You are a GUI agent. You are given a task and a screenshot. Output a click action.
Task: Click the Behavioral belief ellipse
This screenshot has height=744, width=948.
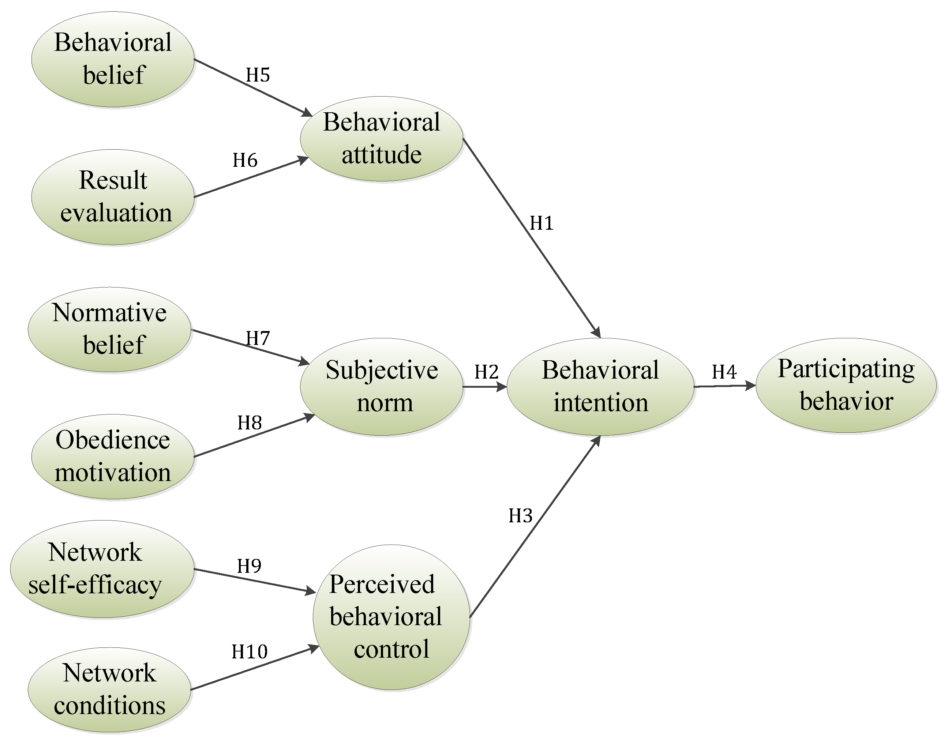click(112, 59)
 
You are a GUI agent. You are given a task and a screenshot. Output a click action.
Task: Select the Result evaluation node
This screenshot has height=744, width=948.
click(112, 197)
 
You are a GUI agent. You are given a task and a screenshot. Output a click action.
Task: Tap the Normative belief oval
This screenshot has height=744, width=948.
click(109, 329)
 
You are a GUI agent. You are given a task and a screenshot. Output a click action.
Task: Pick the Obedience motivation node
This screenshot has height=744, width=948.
click(112, 456)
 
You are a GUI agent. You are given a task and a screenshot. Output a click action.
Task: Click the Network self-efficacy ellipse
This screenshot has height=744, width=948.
click(102, 568)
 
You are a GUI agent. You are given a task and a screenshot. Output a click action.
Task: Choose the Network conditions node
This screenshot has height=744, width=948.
click(109, 689)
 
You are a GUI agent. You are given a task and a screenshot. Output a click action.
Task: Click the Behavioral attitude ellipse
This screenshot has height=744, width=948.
click(381, 139)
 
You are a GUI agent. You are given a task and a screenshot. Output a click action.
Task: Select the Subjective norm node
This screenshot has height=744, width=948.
click(381, 386)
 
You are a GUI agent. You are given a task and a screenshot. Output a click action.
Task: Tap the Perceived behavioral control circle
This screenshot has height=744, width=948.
click(391, 617)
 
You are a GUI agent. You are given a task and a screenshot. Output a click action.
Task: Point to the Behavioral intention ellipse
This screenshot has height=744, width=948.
click(600, 386)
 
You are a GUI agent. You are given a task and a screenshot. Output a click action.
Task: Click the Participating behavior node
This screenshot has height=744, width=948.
click(846, 385)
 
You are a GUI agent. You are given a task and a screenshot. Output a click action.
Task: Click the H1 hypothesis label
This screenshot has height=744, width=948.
click(542, 223)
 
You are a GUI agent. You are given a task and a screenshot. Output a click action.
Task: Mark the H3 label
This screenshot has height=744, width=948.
click(521, 516)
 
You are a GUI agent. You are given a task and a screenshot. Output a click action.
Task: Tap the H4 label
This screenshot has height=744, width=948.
click(724, 372)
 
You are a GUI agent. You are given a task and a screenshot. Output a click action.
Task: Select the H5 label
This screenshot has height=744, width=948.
click(258, 75)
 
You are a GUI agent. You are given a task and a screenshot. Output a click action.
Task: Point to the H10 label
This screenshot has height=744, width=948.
click(249, 652)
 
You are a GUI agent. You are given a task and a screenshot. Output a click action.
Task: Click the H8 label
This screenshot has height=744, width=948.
click(249, 422)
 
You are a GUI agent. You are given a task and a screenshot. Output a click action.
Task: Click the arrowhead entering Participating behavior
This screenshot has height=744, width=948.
click(750, 386)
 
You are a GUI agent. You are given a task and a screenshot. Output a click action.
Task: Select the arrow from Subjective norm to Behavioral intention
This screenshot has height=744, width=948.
click(484, 386)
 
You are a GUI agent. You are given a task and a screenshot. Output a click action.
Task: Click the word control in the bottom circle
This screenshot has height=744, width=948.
click(391, 649)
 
